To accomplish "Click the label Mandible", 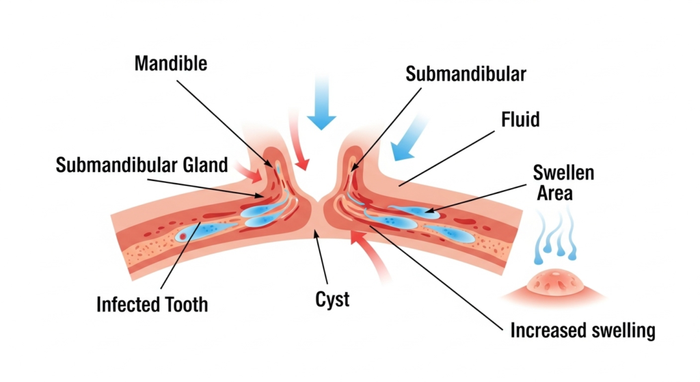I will (170, 64).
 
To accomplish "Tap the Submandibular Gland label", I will (142, 165).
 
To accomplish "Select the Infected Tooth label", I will (152, 303).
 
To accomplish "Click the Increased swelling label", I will (582, 331).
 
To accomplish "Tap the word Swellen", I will (563, 172).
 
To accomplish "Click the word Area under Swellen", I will (554, 193).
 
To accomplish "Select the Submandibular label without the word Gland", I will (466, 74).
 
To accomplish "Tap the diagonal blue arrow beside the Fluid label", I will (408, 139).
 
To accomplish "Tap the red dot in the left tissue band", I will (183, 236).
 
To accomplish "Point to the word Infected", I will (122, 303).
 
